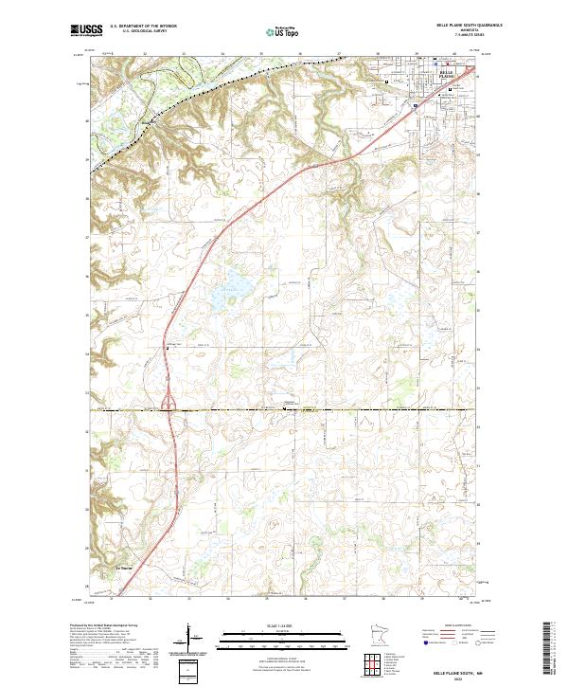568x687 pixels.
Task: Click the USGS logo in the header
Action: pyautogui.click(x=86, y=31)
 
